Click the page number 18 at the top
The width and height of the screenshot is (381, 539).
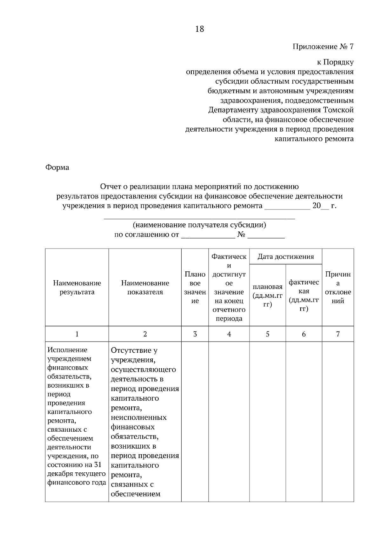(199, 29)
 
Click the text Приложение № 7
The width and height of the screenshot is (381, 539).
(323, 47)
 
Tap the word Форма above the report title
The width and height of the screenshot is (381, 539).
(57, 167)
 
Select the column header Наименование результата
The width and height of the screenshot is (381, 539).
(77, 287)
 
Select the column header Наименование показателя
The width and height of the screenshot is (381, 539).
(145, 287)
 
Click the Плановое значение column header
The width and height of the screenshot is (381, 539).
(195, 287)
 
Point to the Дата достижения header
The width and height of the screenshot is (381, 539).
(285, 257)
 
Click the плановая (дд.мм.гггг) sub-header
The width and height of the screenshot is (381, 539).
(267, 296)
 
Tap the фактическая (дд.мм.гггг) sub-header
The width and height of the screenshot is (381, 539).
(304, 296)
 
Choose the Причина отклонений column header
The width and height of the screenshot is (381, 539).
(338, 287)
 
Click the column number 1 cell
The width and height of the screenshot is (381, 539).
(77, 334)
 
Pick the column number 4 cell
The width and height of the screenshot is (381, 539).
(229, 334)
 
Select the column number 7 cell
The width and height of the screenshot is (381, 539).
(338, 334)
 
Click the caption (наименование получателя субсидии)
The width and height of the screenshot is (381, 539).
(199, 225)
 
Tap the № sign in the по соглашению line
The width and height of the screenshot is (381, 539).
(241, 235)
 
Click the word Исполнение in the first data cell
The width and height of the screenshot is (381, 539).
(67, 350)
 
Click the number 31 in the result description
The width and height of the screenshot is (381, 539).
(97, 465)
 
